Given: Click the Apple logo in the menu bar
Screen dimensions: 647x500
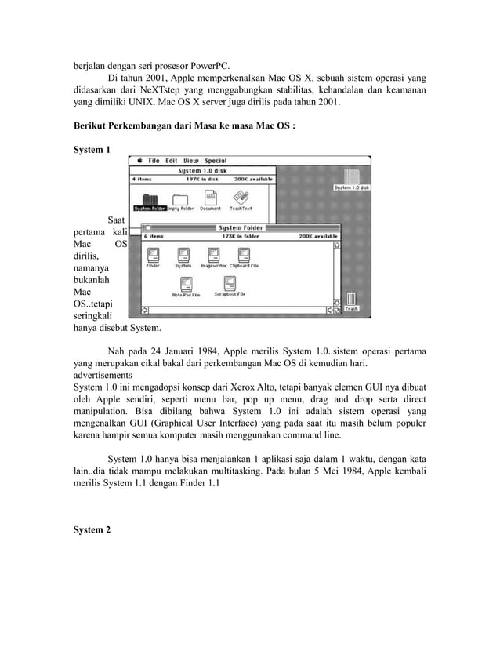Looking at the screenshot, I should [138, 160].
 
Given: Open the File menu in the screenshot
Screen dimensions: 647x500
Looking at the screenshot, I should [154, 160].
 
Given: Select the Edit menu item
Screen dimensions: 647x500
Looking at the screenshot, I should [171, 160].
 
